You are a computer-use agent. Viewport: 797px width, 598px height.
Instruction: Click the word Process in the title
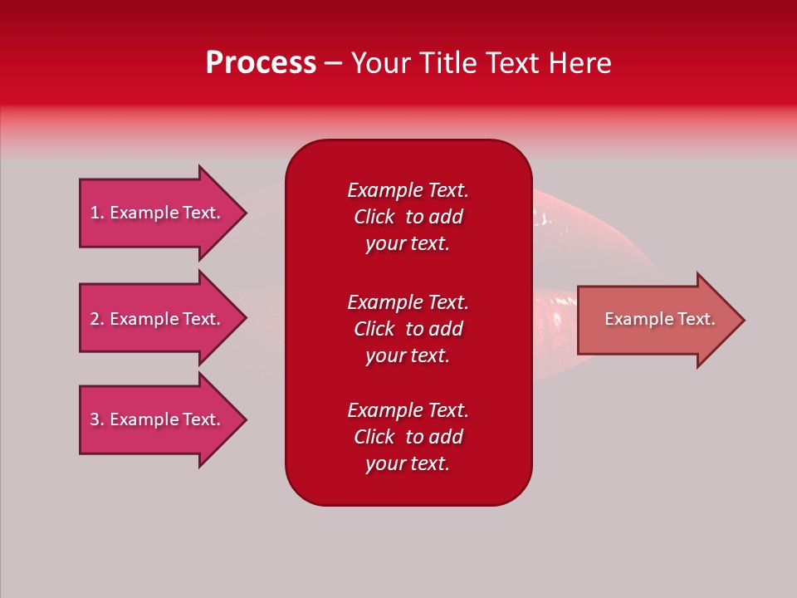(261, 63)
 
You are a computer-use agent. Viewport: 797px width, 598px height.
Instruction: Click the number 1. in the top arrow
(97, 213)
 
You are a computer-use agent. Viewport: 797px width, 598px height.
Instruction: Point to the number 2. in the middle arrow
(97, 319)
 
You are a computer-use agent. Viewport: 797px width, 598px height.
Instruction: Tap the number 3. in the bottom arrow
(97, 419)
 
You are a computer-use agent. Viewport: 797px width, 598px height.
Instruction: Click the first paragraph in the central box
(408, 217)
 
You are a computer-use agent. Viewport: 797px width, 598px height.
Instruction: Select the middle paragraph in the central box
(408, 329)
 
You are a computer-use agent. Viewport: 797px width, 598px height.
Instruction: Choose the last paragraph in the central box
(408, 437)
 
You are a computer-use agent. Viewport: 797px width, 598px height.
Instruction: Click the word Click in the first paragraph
(374, 217)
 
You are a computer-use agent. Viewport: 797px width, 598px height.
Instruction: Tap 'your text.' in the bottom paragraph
(408, 463)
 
